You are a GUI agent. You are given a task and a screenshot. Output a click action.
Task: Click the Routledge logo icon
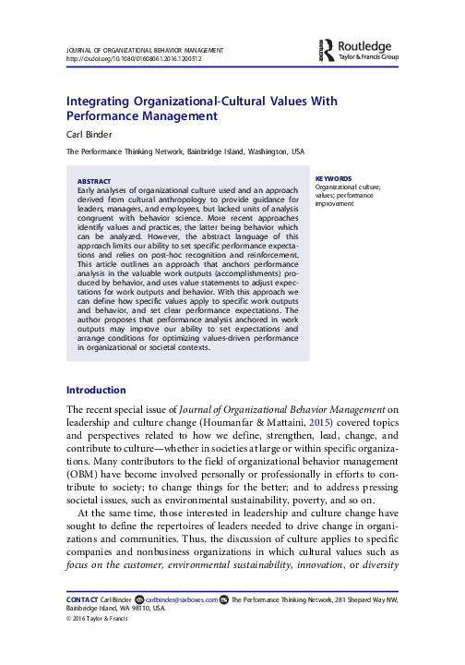(x=326, y=47)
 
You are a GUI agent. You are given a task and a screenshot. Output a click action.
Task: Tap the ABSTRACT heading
(x=94, y=181)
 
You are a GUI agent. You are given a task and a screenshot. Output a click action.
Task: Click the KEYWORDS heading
(x=332, y=178)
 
